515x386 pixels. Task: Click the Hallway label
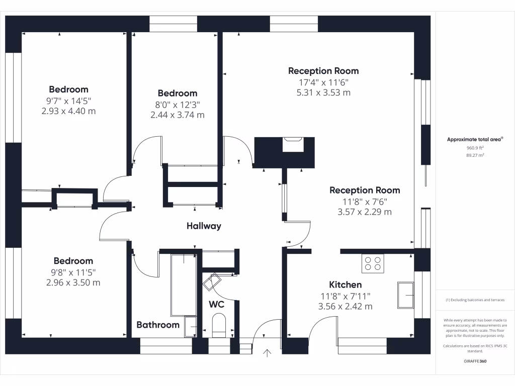click(204, 226)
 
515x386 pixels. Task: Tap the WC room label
click(216, 305)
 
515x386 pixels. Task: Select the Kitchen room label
click(346, 285)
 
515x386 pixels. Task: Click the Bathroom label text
click(158, 325)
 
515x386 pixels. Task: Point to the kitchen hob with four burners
click(373, 264)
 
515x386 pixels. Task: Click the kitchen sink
click(406, 295)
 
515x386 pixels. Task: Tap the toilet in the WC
click(219, 324)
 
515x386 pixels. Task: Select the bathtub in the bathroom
click(184, 283)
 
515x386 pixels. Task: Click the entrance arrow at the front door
click(267, 353)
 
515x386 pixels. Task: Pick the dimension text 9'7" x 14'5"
click(68, 101)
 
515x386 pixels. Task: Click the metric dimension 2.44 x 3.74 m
click(178, 115)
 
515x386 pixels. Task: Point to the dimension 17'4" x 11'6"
click(323, 82)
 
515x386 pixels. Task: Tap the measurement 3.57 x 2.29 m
click(365, 212)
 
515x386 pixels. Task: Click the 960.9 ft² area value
click(475, 148)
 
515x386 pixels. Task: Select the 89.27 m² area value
click(475, 156)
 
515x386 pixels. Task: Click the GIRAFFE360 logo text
click(475, 361)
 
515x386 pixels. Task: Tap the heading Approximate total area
click(474, 140)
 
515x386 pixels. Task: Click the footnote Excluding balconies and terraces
click(475, 300)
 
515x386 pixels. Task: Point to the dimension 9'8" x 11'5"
click(73, 272)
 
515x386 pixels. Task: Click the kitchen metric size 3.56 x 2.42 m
click(346, 306)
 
